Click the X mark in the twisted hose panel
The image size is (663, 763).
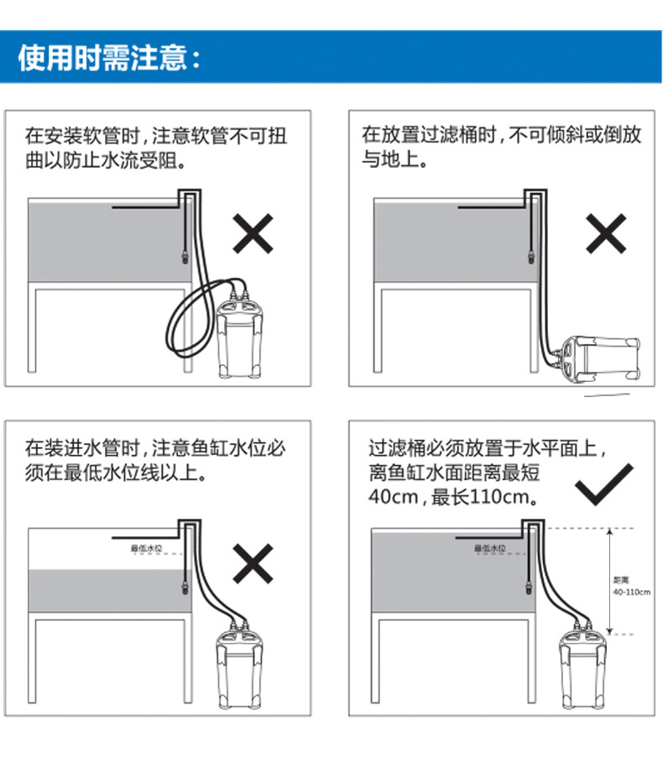point(253,233)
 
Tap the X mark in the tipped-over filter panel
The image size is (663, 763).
point(606,233)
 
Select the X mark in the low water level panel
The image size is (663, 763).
point(253,563)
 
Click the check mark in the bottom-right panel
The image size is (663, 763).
point(604,484)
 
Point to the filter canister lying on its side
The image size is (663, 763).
point(600,358)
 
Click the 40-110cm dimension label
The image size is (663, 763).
point(631,593)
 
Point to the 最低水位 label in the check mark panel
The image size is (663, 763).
point(490,548)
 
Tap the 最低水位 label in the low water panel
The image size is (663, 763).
point(146,548)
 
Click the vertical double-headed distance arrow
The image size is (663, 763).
point(609,582)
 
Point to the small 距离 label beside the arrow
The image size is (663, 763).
point(621,580)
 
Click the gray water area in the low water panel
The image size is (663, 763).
point(108,591)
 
